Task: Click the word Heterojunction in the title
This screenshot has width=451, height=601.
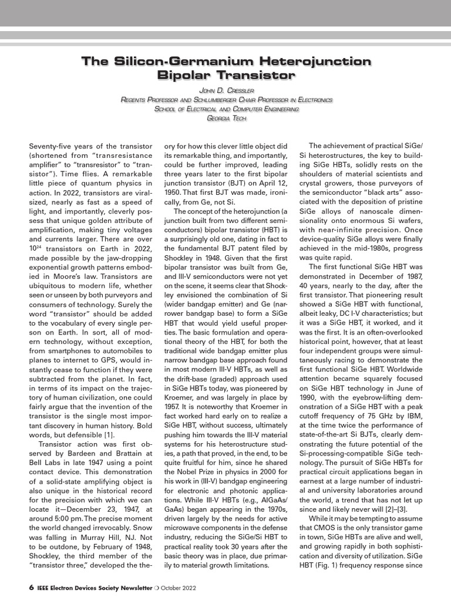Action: pos(317,62)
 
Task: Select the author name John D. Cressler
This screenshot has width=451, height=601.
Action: pos(226,90)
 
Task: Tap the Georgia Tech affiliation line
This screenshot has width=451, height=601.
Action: pos(226,118)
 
